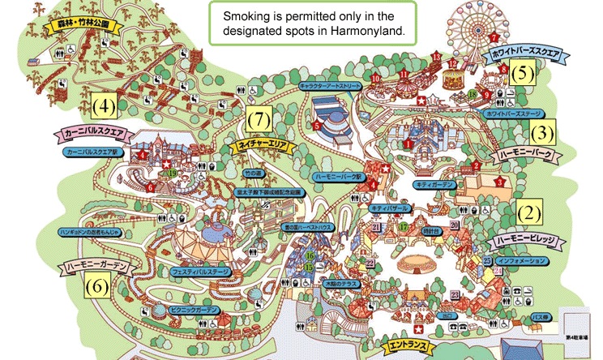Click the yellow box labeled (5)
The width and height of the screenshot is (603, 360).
[523, 73]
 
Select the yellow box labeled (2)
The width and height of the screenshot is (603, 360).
[528, 213]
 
